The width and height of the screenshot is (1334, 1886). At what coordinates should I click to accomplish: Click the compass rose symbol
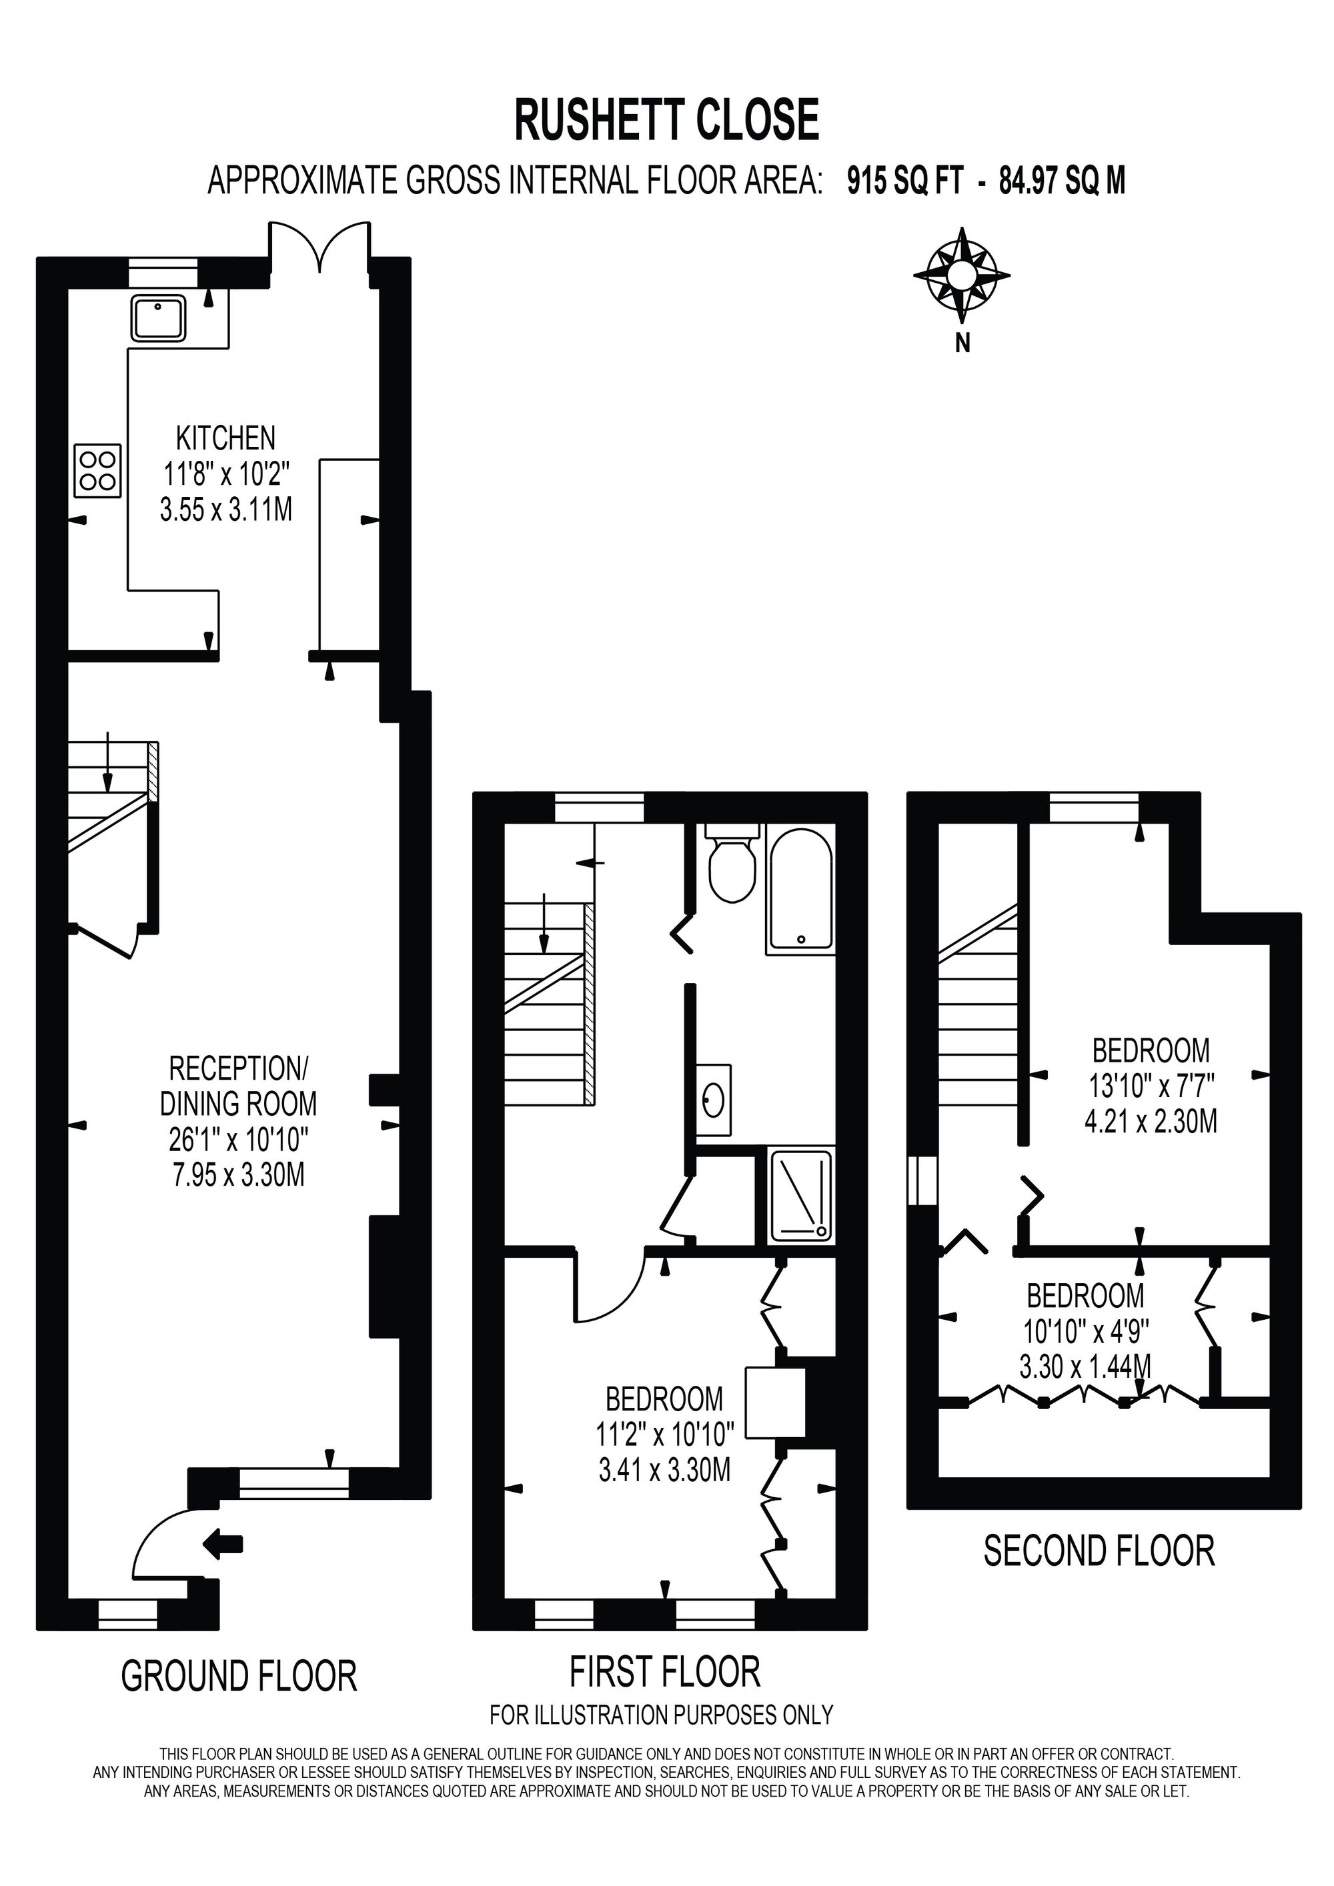click(962, 274)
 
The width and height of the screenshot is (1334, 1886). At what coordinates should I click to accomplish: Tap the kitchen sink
click(157, 318)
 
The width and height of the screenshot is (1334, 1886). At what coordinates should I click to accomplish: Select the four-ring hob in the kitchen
click(98, 471)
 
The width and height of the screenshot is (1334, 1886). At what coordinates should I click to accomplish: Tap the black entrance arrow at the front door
click(223, 1545)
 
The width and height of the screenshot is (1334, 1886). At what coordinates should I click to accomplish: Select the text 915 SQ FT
click(904, 181)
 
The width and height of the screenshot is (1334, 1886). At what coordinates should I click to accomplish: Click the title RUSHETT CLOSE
click(667, 119)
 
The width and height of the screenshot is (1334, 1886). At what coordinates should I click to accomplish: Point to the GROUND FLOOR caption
click(239, 1676)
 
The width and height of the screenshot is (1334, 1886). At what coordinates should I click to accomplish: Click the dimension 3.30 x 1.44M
click(1085, 1367)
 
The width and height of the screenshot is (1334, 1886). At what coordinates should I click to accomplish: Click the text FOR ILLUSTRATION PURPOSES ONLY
click(661, 1715)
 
